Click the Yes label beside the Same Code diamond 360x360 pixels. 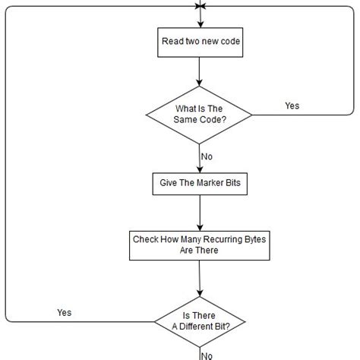point(292,106)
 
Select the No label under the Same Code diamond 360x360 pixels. point(207,156)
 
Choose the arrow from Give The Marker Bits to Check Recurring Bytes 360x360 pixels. point(199,213)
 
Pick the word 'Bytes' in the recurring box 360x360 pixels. point(251,238)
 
